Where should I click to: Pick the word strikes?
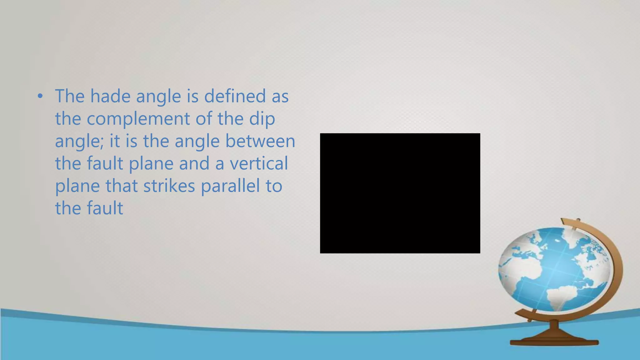[169, 186]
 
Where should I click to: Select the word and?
[194, 163]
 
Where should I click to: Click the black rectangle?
[400, 193]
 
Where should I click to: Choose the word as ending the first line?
[280, 96]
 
